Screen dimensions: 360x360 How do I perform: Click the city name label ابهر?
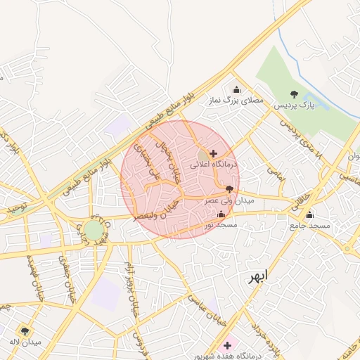(x=257, y=276)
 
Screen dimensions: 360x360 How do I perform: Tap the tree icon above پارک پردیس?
(x=294, y=94)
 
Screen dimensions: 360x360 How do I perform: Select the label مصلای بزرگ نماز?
(x=235, y=101)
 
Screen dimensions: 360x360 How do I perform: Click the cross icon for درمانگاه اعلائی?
(x=213, y=153)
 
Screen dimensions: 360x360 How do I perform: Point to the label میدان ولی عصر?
(x=221, y=200)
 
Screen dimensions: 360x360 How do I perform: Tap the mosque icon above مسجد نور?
(x=222, y=214)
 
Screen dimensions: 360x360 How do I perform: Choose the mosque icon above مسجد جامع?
(x=309, y=215)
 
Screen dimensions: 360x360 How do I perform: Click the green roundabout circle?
(x=93, y=230)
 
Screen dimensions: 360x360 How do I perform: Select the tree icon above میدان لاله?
(x=25, y=330)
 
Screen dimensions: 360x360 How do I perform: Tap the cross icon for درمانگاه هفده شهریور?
(x=227, y=345)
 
